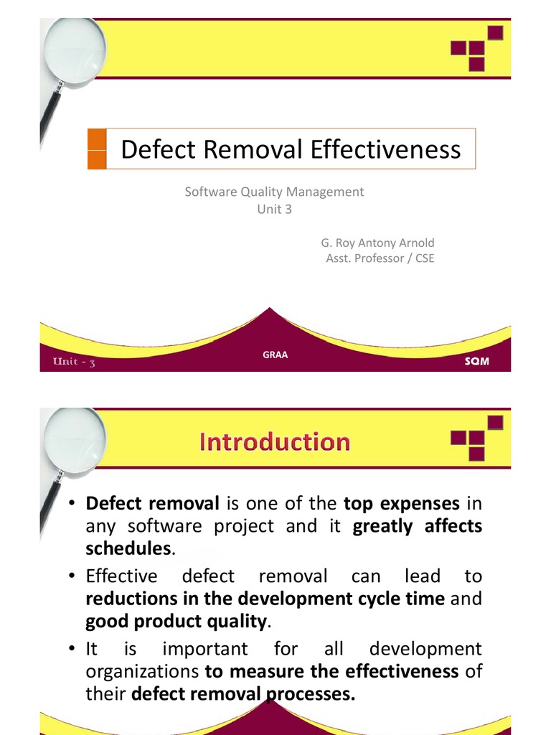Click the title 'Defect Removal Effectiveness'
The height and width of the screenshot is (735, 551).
[291, 149]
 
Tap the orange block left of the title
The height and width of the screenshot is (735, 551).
[96, 149]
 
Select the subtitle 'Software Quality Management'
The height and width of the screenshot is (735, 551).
[274, 192]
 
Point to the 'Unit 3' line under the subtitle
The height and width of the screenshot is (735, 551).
[274, 210]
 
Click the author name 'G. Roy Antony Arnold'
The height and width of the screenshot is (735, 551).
[377, 243]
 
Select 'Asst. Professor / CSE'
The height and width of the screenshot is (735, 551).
[380, 258]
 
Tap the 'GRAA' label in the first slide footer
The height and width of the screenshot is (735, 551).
[275, 355]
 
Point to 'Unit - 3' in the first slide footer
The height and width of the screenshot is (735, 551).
[74, 361]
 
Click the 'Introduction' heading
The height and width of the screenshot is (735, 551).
[275, 441]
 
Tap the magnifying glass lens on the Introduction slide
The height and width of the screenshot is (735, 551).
[75, 441]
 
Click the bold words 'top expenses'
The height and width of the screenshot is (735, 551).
[401, 503]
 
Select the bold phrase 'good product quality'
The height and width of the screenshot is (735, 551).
[176, 621]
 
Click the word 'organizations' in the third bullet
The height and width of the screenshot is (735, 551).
[142, 671]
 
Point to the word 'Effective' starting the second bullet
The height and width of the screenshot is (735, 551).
[121, 576]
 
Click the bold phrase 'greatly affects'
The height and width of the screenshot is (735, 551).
[418, 526]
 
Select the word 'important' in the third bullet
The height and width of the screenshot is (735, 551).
[205, 649]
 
